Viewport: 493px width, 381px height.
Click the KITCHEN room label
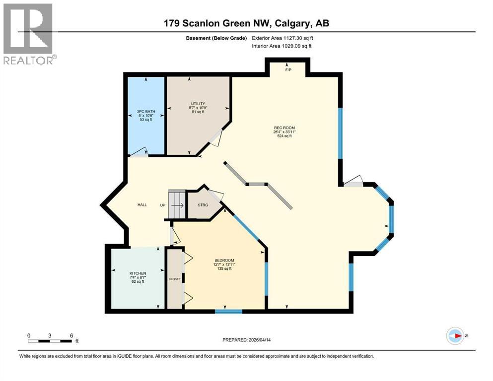tap(138, 273)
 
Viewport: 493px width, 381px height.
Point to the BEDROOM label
tap(224, 261)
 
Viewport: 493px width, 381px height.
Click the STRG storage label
tap(203, 205)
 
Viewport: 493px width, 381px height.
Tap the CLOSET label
tap(175, 279)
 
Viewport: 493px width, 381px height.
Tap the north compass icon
tap(455, 336)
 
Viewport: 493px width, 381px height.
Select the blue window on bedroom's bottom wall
tap(228, 312)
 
